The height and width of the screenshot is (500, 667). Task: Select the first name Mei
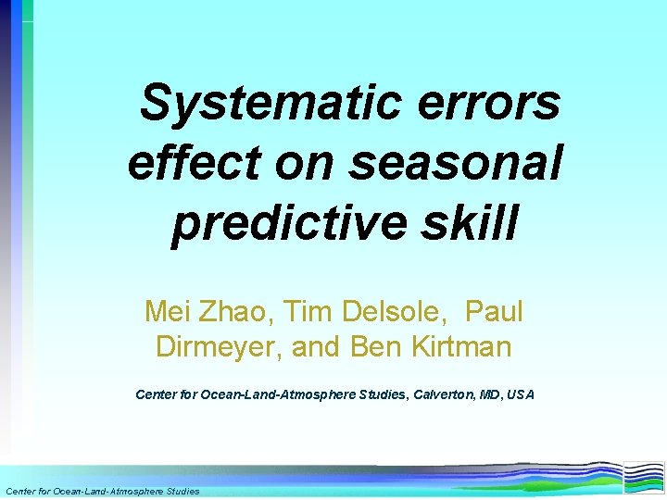click(x=167, y=312)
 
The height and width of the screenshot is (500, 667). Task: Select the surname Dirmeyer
click(x=220, y=347)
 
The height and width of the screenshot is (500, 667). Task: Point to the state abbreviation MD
click(x=487, y=394)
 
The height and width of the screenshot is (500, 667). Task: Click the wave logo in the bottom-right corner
click(x=643, y=477)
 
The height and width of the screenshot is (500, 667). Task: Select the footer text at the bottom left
click(x=102, y=491)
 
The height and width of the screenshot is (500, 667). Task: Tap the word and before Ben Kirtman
click(x=321, y=347)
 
